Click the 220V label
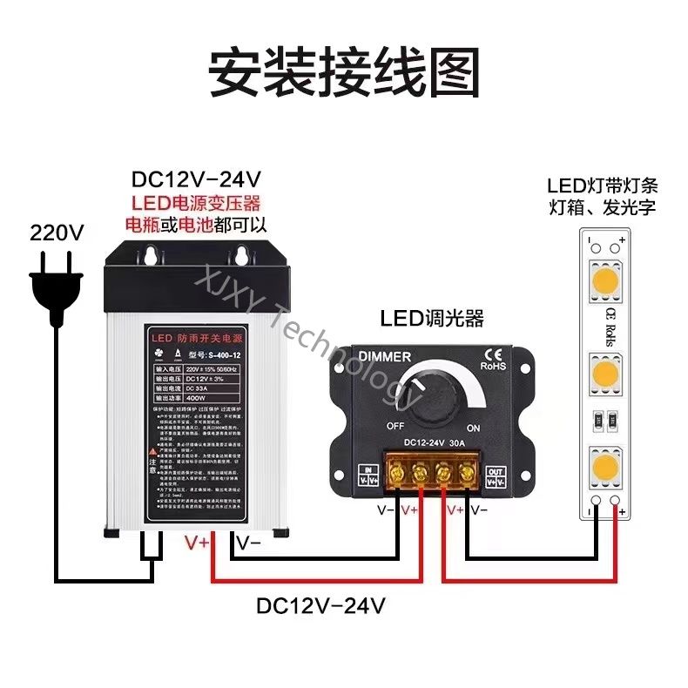click(57, 233)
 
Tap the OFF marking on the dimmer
click(395, 426)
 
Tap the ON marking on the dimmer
click(474, 428)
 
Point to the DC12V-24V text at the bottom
click(320, 605)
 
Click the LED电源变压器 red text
click(196, 204)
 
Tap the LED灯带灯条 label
click(601, 185)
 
